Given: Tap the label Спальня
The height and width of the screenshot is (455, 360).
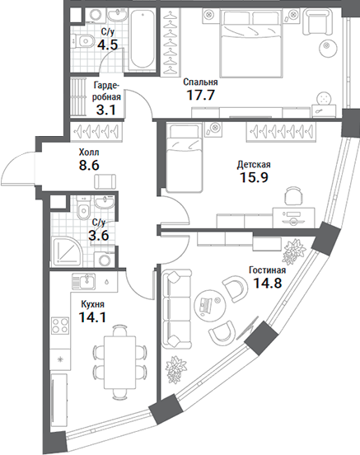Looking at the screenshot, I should (x=199, y=82).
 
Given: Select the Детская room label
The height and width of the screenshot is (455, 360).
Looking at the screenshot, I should (x=253, y=165).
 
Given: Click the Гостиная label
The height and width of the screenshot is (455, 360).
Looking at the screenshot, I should (x=266, y=270).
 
